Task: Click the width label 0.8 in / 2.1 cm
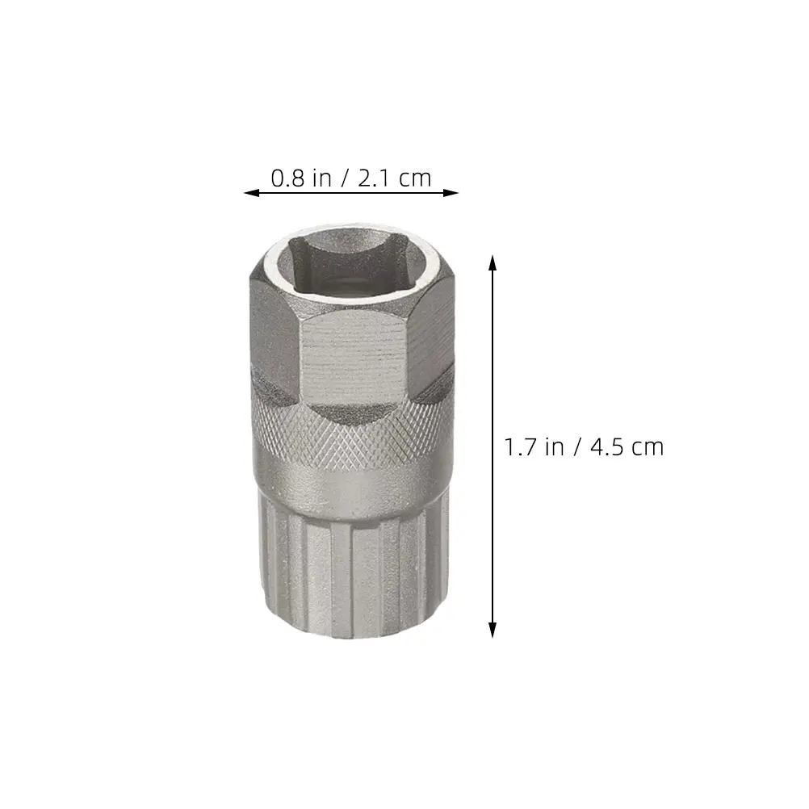coord(351,178)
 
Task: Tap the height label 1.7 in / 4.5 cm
coord(584,446)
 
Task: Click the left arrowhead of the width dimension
coord(252,193)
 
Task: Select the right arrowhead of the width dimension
coord(450,193)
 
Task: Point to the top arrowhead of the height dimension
coord(493,262)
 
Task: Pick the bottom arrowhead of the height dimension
coord(493,630)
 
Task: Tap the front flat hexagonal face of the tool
coord(353,356)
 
